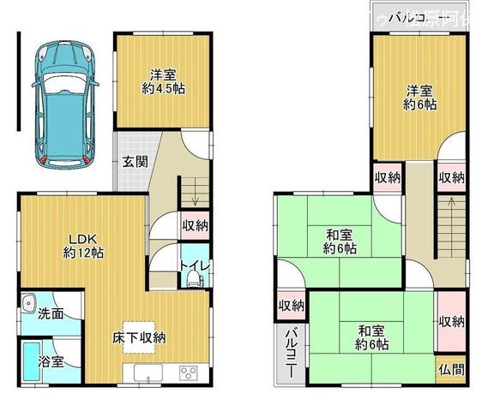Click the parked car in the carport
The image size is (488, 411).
pos(63,103)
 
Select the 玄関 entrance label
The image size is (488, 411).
pos(134,161)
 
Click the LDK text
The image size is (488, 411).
pos(83,239)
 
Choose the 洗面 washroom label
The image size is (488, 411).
pos(50,313)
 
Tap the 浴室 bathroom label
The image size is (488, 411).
pos(51,362)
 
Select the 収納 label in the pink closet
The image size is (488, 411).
pos(451,321)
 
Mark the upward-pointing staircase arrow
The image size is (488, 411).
pos(448,205)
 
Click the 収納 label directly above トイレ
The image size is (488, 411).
pos(195,225)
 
